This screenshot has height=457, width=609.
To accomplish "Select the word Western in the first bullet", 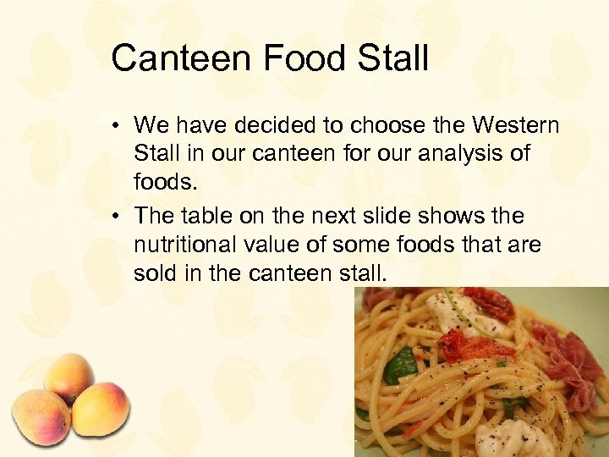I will click(515, 126).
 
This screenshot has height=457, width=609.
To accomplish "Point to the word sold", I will click(155, 273).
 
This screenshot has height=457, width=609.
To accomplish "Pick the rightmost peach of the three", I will click(100, 409).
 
